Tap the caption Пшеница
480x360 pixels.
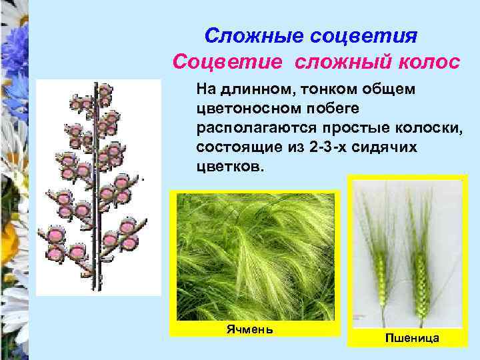[411, 339]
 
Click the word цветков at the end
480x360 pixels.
[230, 165]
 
